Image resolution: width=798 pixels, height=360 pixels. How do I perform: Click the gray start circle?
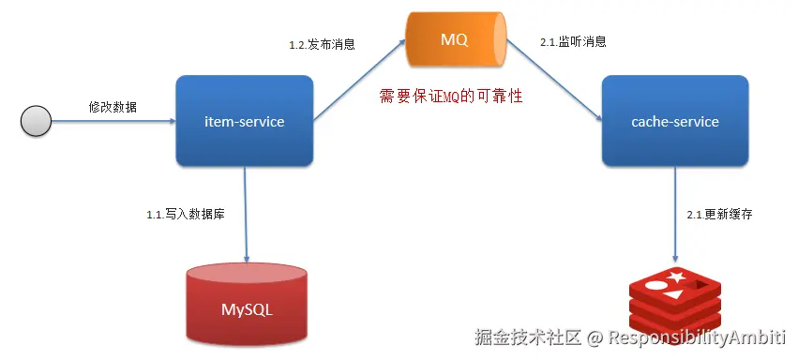[x=36, y=121]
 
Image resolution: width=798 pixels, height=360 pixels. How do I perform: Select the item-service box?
[x=245, y=121]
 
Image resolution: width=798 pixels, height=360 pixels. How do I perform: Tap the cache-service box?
[x=675, y=121]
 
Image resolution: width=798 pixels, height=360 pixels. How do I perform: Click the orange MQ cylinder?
[x=456, y=40]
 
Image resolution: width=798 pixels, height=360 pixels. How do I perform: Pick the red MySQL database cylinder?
[x=247, y=304]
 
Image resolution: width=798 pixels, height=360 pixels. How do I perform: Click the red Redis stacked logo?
[x=675, y=304]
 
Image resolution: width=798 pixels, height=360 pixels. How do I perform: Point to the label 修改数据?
[x=113, y=107]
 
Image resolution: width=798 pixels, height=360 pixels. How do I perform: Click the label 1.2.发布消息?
[x=323, y=44]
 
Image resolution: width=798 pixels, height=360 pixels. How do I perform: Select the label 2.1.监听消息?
[x=573, y=42]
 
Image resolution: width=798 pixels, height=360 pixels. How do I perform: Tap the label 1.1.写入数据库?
[x=186, y=215]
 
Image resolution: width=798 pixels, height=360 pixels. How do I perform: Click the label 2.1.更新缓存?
[x=719, y=215]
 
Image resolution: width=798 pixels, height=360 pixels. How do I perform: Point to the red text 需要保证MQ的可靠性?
[x=451, y=97]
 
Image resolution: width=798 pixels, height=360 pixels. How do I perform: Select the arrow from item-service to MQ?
[x=360, y=81]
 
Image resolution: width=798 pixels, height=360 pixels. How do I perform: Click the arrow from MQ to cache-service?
[x=555, y=81]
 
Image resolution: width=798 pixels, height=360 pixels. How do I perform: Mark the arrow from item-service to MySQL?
[x=246, y=215]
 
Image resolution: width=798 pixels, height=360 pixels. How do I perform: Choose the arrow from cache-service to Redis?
[x=675, y=215]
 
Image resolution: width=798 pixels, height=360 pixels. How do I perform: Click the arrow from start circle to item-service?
[x=113, y=121]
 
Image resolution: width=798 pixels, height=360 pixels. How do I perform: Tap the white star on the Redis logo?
[x=676, y=277]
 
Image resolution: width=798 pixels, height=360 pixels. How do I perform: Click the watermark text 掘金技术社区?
[x=528, y=337]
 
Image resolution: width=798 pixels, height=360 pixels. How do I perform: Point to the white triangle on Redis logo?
[x=672, y=293]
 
